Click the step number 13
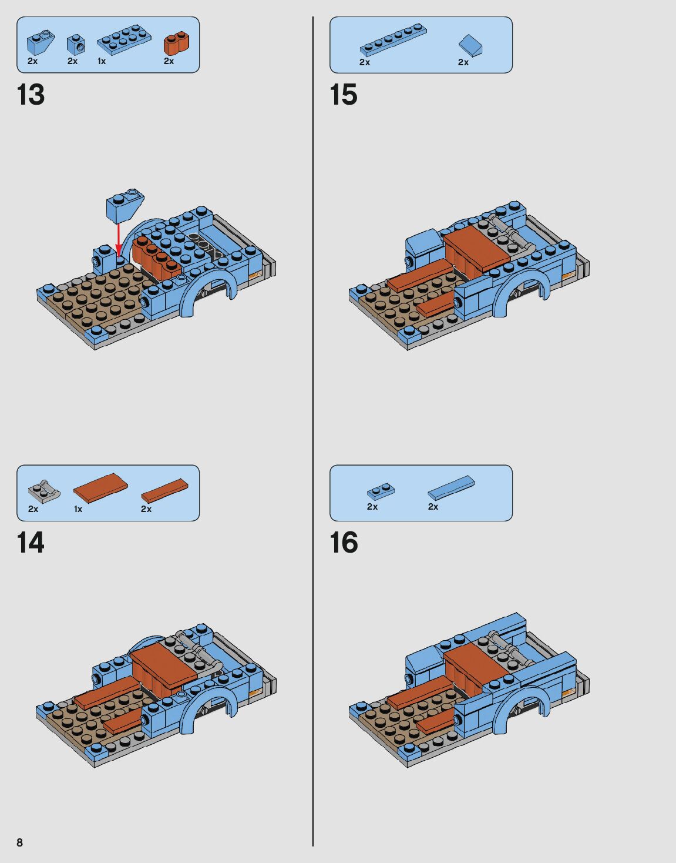click(31, 95)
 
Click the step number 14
click(31, 543)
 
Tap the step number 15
click(344, 95)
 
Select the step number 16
click(344, 543)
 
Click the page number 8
click(20, 842)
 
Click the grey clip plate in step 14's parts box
click(44, 491)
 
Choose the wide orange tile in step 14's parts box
click(101, 488)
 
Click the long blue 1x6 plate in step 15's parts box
click(394, 40)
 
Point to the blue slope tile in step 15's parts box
click(471, 45)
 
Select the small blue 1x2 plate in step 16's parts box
click(381, 492)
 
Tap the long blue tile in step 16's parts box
click(451, 488)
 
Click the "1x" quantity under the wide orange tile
click(78, 510)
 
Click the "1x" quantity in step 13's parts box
click(102, 62)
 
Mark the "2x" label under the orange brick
click(169, 61)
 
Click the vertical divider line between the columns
click(313, 431)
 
